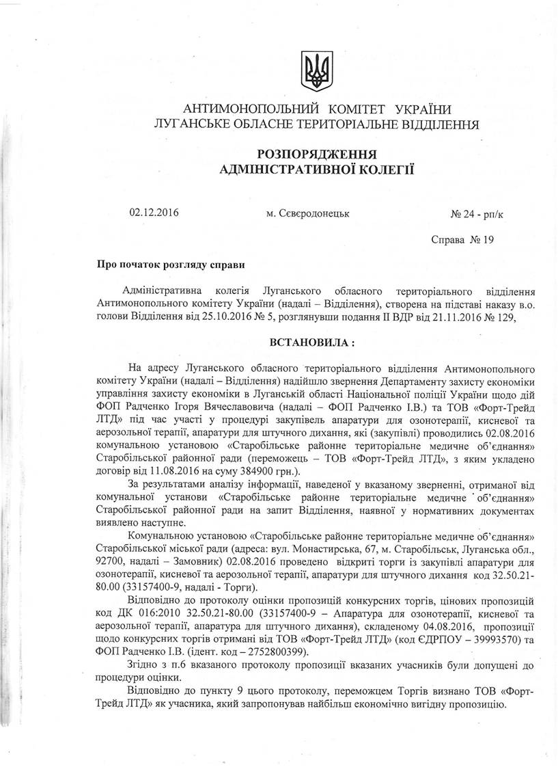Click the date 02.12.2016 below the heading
pos(154,212)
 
